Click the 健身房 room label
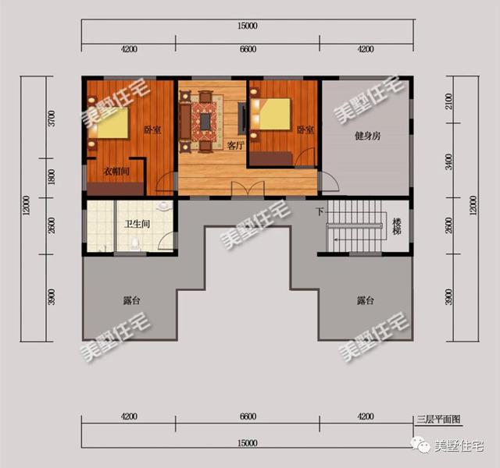coord(368,136)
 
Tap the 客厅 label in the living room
coord(236,146)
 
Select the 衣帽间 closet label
coord(116,172)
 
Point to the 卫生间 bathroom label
coord(137,224)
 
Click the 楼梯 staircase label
coord(396,226)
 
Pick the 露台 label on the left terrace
coord(132,300)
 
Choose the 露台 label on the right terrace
coord(366,300)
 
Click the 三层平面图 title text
coord(438,419)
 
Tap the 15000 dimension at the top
coord(248,26)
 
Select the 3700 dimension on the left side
coord(52,118)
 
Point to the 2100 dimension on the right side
coord(449,101)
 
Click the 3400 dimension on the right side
coord(449,161)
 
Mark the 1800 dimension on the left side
coord(52,177)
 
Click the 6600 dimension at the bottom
coord(248,416)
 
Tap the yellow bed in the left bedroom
coord(112,123)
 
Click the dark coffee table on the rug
coord(205,122)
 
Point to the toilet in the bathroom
coord(135,243)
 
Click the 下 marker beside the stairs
coord(320,211)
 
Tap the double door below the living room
coord(248,189)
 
